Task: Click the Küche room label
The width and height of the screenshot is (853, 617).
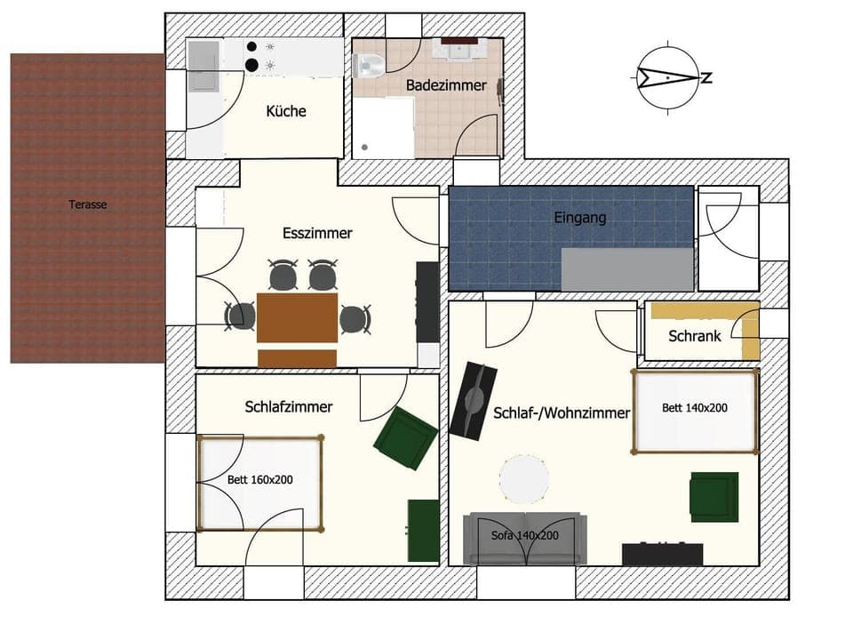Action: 286,111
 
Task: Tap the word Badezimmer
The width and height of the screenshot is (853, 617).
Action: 446,85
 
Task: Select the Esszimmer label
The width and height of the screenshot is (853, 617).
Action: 317,234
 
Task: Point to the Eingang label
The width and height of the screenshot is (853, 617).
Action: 579,217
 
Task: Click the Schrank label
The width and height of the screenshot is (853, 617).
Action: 695,336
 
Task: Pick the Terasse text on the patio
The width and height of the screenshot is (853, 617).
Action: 88,204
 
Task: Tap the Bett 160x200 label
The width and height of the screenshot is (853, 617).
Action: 259,479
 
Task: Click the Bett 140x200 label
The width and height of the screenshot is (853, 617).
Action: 695,408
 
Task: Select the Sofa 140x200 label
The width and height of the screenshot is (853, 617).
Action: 525,536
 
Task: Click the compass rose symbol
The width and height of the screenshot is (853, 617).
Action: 666,77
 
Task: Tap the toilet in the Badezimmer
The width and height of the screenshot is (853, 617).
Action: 368,65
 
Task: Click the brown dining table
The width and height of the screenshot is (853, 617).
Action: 297,317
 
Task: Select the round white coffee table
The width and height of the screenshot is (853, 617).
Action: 523,480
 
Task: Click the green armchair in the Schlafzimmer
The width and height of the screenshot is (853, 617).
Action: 405,438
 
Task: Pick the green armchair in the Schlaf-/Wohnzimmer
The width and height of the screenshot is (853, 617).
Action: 713,496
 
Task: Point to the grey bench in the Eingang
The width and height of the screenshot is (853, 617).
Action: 626,269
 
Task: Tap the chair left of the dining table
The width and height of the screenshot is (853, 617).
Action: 240,316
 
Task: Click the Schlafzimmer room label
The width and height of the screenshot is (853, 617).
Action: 289,406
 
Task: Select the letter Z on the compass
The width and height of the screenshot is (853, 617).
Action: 706,77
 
